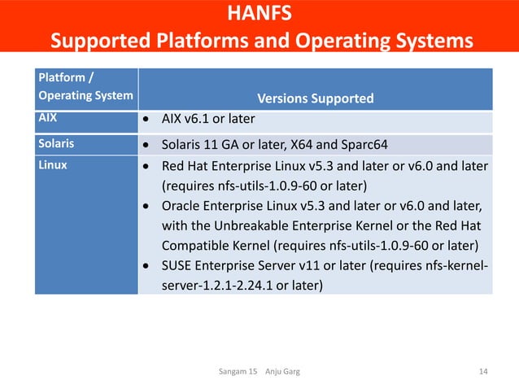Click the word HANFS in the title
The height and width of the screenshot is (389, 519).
[259, 14]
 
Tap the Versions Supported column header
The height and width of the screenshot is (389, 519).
[315, 98]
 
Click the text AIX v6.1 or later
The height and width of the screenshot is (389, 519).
[208, 120]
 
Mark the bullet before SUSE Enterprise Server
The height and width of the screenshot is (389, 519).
[145, 266]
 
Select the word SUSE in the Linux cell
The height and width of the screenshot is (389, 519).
[178, 265]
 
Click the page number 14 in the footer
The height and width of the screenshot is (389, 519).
[484, 372]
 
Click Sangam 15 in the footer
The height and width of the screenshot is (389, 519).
[238, 372]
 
